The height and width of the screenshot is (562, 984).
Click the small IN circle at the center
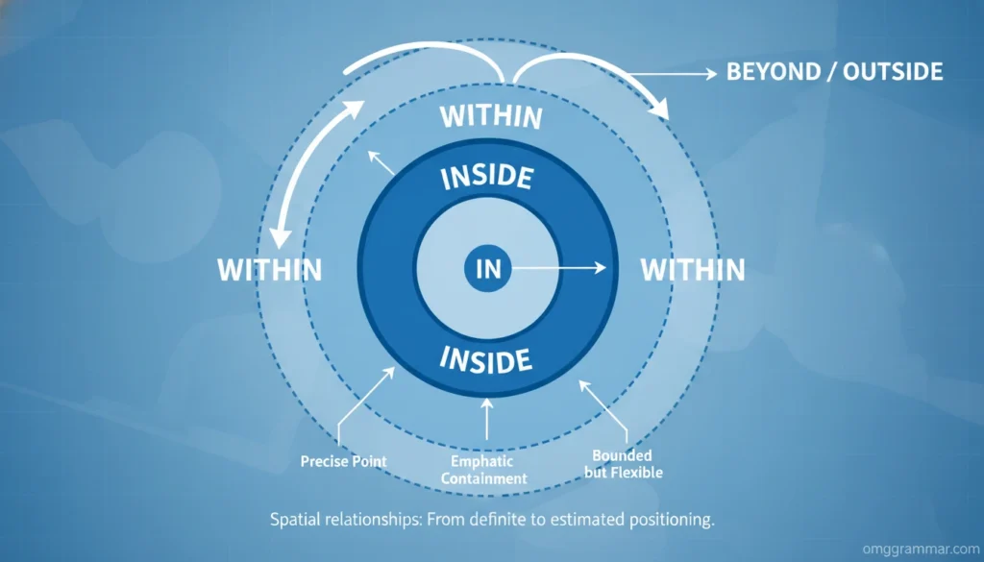pos(488,268)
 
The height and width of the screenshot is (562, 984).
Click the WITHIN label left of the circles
pos(269,270)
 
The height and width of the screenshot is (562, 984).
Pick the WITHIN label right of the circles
pos(693,270)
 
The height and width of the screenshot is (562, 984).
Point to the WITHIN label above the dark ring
pos(491,117)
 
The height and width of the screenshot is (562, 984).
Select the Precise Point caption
pos(343,461)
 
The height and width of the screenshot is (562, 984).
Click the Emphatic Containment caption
pos(489,470)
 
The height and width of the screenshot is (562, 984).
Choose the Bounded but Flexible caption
pos(623,463)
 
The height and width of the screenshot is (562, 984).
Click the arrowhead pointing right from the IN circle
pos(601,269)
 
